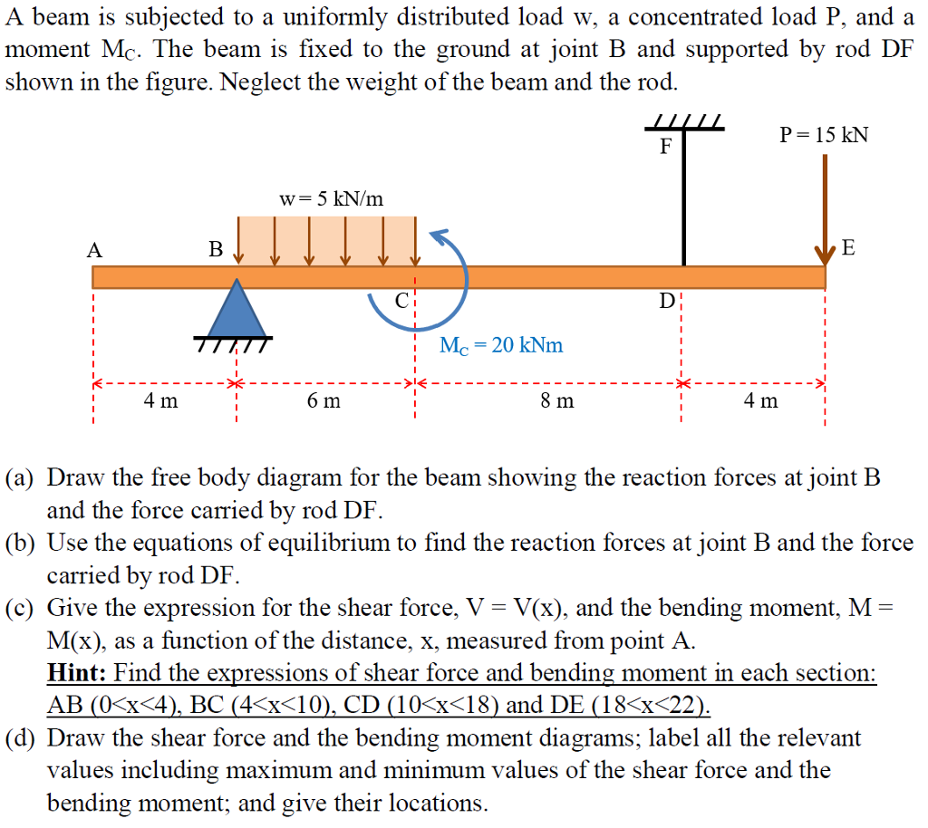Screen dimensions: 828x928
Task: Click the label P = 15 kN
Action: click(x=824, y=135)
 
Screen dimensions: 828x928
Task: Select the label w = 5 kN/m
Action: click(x=331, y=198)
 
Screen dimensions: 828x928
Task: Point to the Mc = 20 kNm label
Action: click(x=501, y=345)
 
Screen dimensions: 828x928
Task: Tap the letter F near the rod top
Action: click(x=665, y=147)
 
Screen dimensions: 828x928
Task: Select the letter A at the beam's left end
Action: click(x=93, y=250)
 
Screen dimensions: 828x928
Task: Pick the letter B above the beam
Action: click(x=215, y=249)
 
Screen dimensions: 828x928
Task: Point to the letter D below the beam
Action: click(x=666, y=301)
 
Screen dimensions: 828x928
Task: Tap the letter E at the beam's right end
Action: click(x=848, y=247)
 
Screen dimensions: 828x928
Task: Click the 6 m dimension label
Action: click(x=324, y=400)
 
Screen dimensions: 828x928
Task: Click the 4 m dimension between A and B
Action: click(x=160, y=400)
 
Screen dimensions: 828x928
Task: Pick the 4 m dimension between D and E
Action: click(x=760, y=400)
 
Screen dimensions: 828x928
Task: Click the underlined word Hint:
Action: click(x=78, y=673)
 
